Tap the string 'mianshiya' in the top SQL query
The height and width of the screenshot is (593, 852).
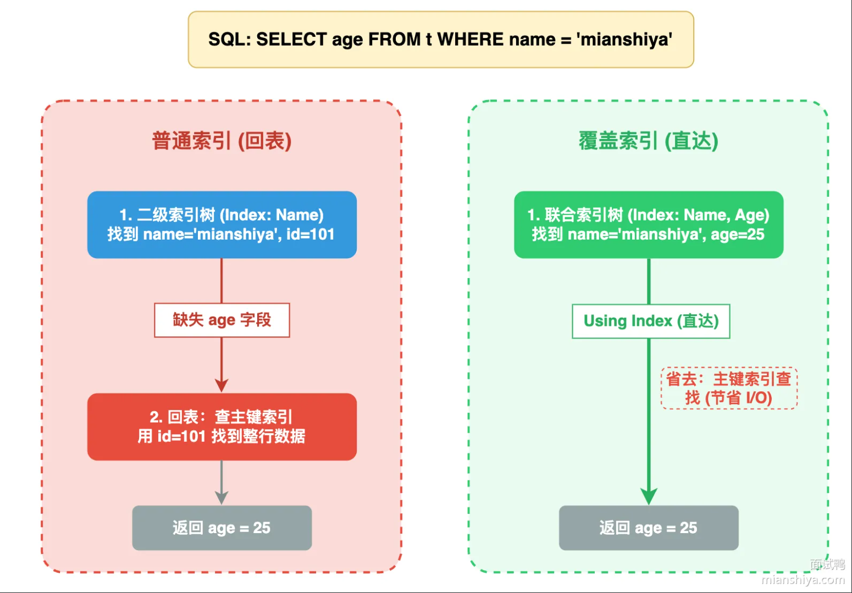click(624, 40)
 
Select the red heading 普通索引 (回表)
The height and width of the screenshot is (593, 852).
click(222, 141)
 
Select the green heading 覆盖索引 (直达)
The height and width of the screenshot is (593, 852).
click(648, 141)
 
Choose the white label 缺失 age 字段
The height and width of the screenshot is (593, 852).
click(222, 320)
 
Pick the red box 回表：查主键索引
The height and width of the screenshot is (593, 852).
click(222, 426)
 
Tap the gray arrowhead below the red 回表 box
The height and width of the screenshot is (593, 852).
click(222, 497)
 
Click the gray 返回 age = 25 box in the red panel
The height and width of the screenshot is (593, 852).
click(222, 528)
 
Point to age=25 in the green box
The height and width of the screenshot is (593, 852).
click(737, 235)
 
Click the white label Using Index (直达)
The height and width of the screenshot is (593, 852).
click(651, 321)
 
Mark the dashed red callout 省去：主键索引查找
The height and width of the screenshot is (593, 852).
click(729, 388)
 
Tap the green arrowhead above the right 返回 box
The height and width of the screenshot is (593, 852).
click(649, 496)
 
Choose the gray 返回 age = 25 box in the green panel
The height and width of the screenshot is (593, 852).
click(649, 528)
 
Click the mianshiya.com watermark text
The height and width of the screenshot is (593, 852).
click(803, 579)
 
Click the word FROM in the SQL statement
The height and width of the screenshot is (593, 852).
click(394, 40)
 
